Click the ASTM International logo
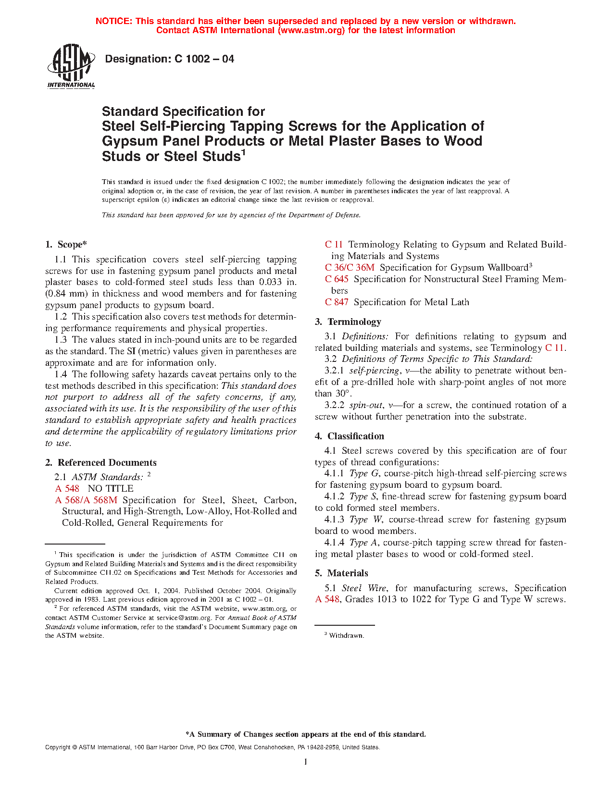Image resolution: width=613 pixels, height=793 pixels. (x=71, y=66)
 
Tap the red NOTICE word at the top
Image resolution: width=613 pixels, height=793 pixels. (x=114, y=21)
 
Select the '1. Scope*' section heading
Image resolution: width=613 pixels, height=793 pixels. (x=66, y=245)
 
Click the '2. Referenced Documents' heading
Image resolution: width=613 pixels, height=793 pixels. (x=101, y=463)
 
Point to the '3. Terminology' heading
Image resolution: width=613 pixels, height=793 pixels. (x=348, y=322)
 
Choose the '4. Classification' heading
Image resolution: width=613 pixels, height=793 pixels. (x=350, y=436)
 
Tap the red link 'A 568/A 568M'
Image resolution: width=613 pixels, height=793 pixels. (x=86, y=500)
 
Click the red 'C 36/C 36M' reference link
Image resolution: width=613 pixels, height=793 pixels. (x=350, y=268)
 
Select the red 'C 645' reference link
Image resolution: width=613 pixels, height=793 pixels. (x=337, y=279)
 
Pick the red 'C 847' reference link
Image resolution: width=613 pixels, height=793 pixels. (x=337, y=302)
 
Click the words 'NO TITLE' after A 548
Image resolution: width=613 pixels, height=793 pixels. (x=111, y=489)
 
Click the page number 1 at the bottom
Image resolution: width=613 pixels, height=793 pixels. (x=306, y=762)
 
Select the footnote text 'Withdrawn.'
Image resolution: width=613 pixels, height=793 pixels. (x=347, y=636)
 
